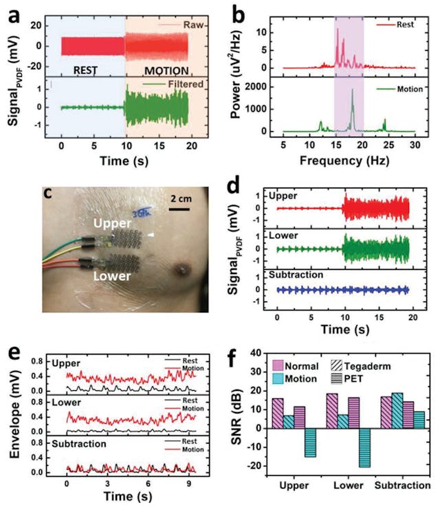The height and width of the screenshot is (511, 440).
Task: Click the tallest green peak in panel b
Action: (x=352, y=90)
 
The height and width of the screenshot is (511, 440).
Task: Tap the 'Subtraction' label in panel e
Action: (x=79, y=444)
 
